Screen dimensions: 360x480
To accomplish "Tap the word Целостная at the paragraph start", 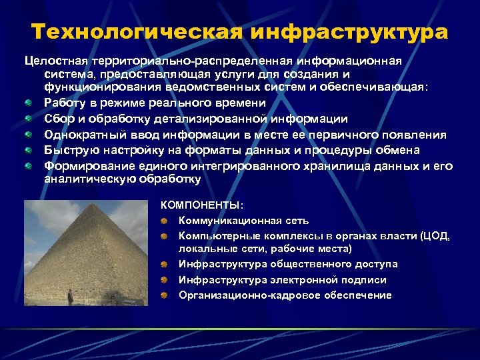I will click(x=51, y=61).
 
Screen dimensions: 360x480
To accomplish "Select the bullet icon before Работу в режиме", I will click(x=29, y=103).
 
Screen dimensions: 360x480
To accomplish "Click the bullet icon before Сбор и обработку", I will click(x=29, y=119).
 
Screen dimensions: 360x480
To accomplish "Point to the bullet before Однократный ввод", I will click(x=29, y=135).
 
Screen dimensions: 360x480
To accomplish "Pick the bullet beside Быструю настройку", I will click(x=29, y=150).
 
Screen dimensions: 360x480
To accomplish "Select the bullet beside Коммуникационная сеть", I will click(x=164, y=220).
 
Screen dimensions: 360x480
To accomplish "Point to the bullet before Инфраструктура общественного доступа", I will click(x=164, y=265).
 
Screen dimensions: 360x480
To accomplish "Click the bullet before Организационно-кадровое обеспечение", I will click(x=164, y=295).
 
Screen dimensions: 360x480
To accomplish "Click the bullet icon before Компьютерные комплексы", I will click(x=164, y=235).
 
